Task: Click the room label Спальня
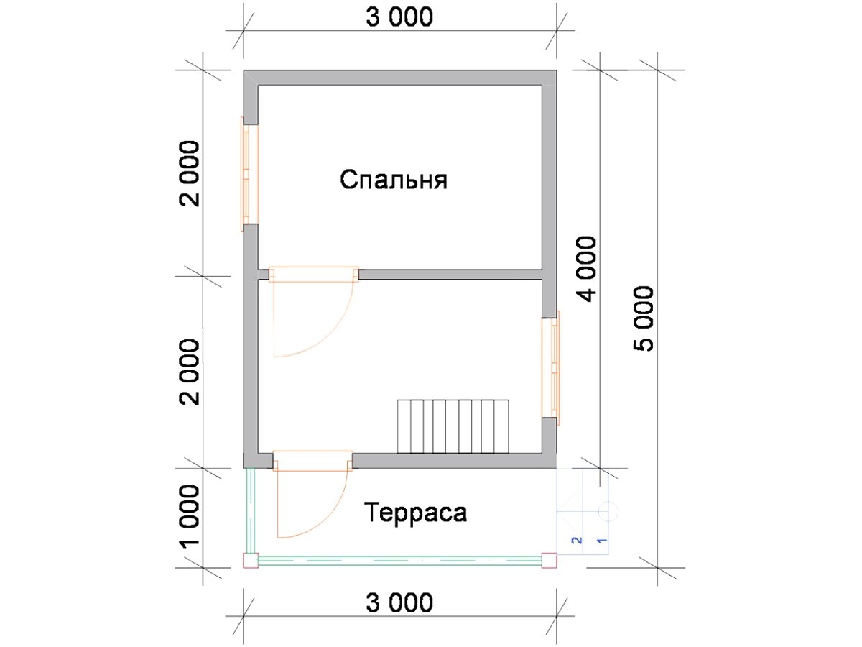(394, 180)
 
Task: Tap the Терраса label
(415, 513)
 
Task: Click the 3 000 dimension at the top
(399, 17)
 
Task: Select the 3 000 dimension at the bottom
(399, 602)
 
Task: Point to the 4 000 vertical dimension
(588, 269)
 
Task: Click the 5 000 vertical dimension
(643, 318)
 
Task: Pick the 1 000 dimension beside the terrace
(190, 515)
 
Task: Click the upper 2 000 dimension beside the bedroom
(190, 174)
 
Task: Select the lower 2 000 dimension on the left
(190, 372)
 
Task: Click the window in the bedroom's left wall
(250, 175)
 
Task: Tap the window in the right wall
(550, 367)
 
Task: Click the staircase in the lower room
(453, 426)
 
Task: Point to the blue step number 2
(578, 541)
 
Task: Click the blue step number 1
(602, 541)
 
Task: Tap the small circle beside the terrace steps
(608, 511)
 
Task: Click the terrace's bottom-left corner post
(251, 561)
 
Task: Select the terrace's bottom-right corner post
(549, 561)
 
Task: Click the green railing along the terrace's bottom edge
(400, 561)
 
